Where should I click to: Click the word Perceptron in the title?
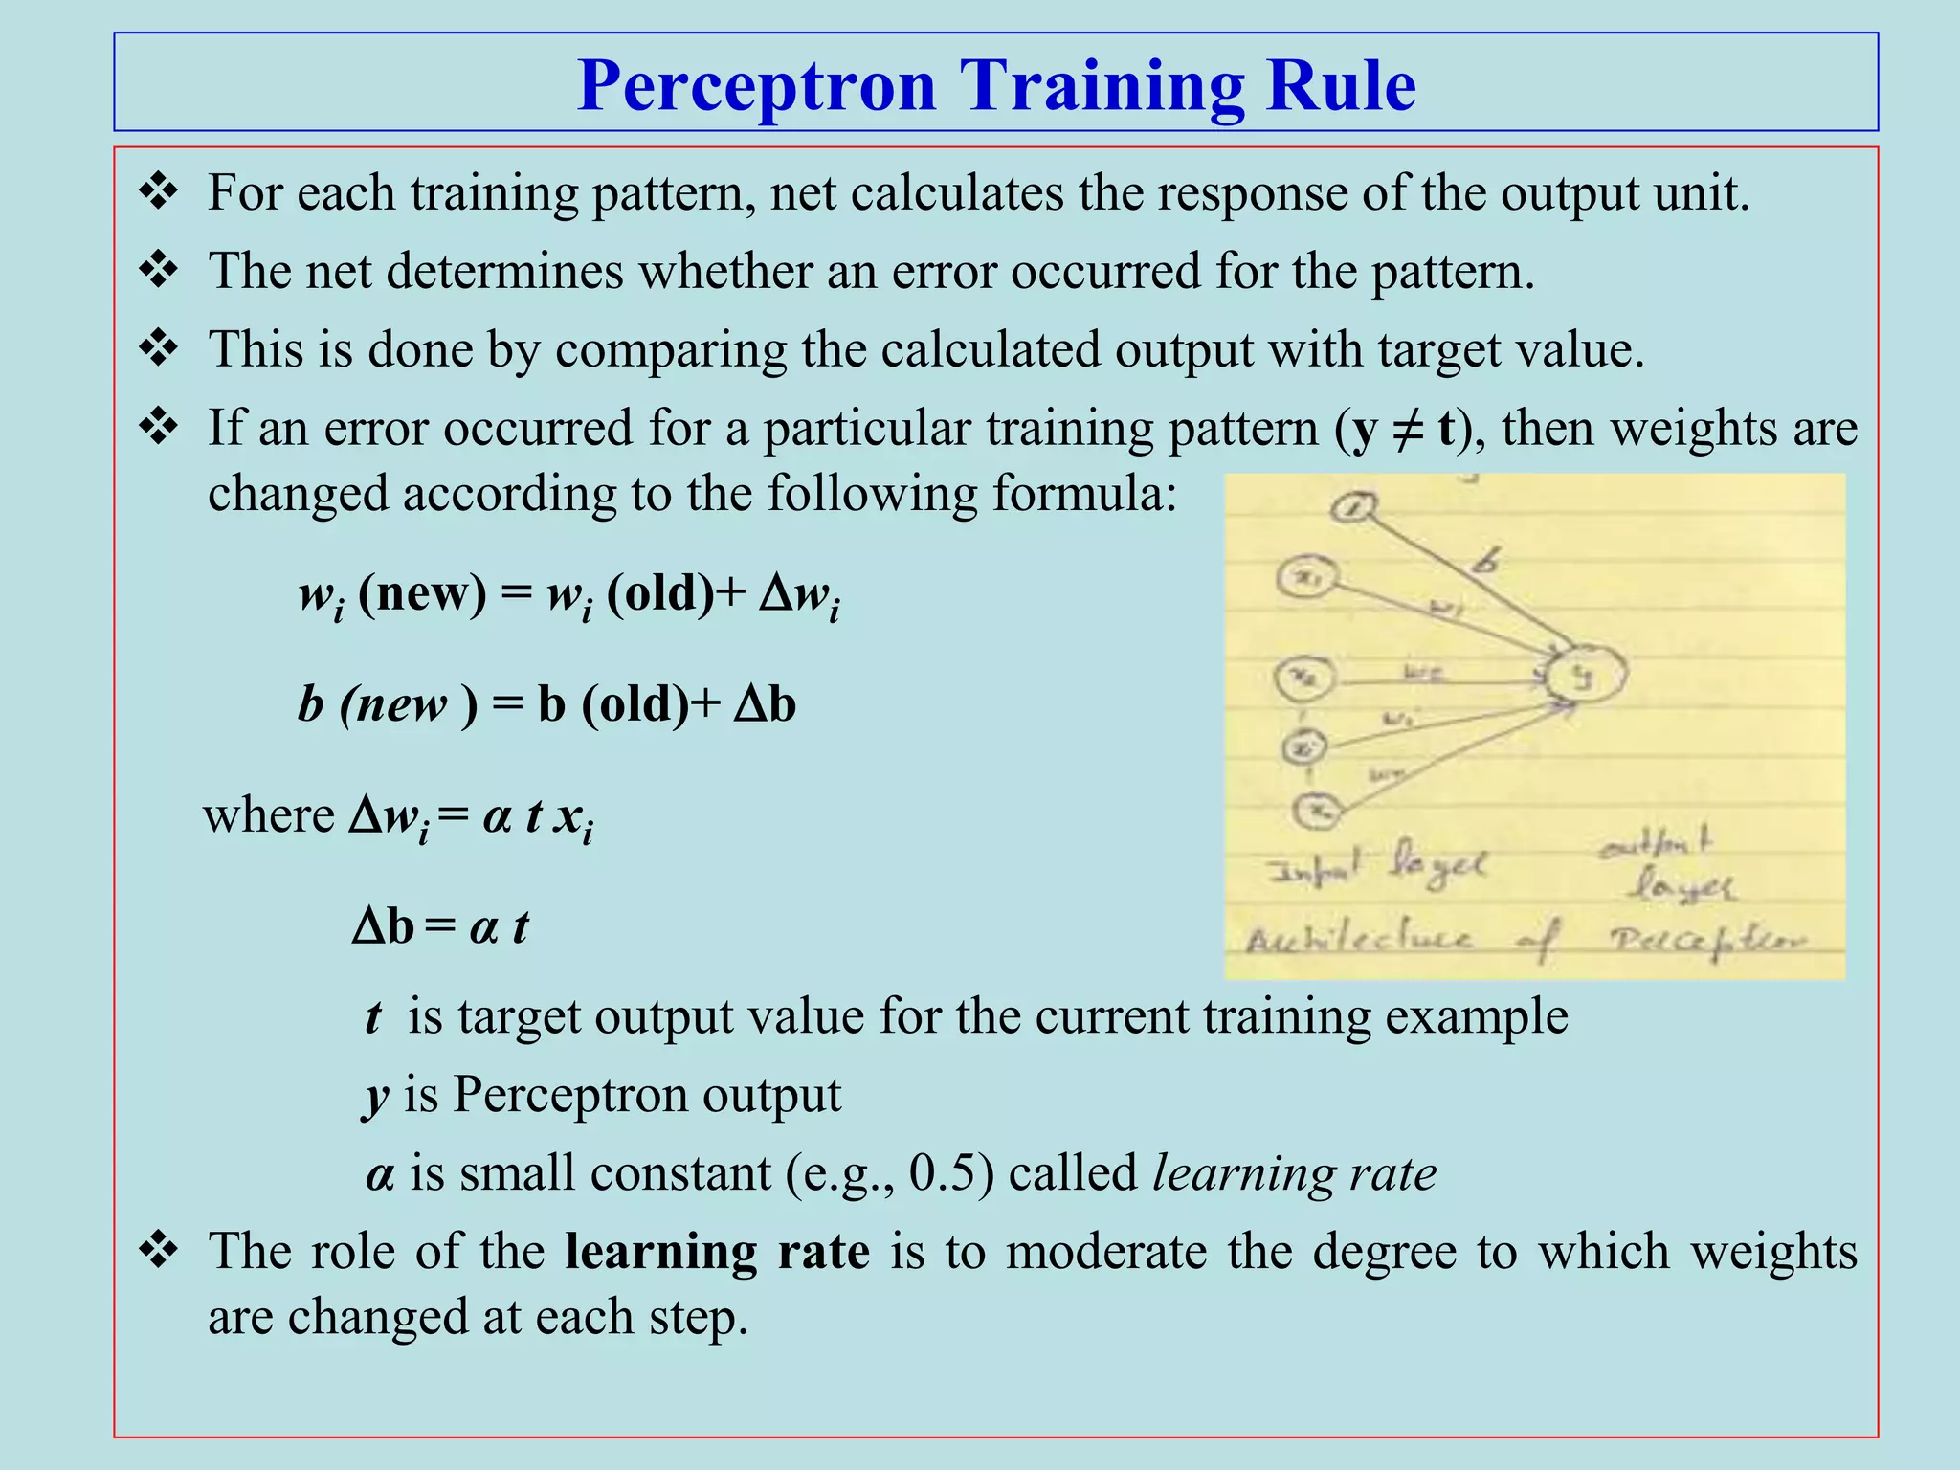click(x=756, y=86)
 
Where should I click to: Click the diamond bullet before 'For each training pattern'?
click(x=158, y=192)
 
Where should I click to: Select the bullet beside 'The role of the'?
click(x=158, y=1251)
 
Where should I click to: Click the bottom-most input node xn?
click(x=1319, y=812)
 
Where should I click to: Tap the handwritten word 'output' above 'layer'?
click(x=1655, y=845)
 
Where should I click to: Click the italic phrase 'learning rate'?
click(x=1294, y=1173)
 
